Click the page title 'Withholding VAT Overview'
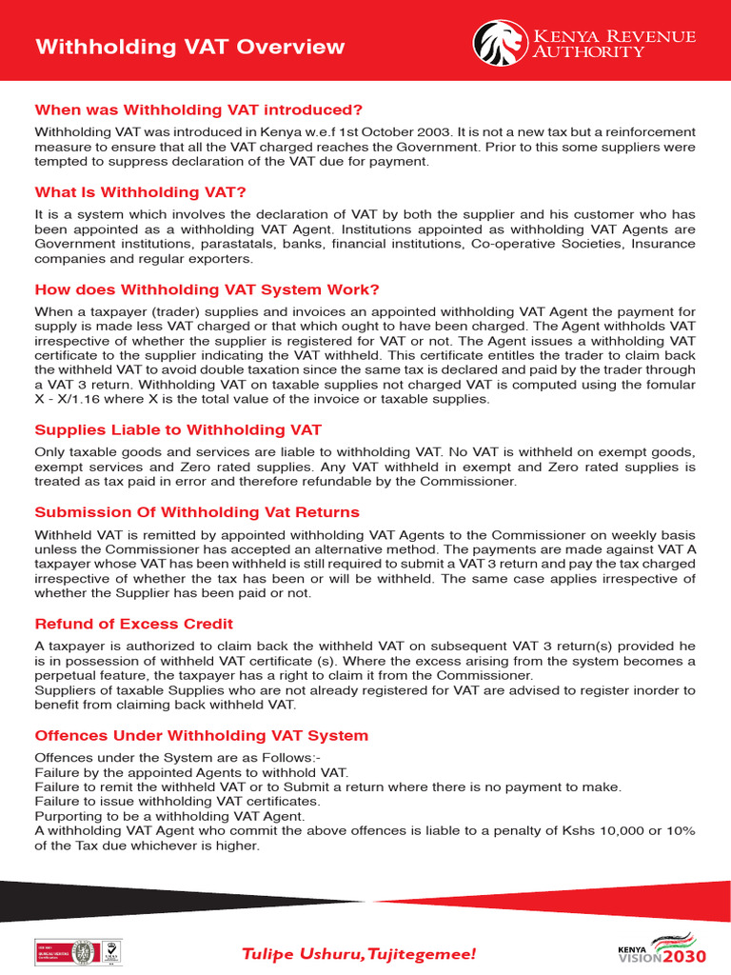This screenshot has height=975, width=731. [189, 47]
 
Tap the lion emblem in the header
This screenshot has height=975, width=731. [499, 43]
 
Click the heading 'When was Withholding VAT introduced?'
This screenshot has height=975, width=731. [199, 110]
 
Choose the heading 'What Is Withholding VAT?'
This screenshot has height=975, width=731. [140, 192]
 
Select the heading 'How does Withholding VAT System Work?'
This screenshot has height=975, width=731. [207, 289]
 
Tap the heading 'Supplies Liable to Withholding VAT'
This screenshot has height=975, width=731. [178, 430]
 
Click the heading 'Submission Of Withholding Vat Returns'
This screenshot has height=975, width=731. [197, 512]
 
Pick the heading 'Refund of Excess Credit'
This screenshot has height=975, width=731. [133, 624]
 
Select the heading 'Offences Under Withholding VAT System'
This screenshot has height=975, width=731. [201, 735]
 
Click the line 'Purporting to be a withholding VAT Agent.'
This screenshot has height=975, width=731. [169, 816]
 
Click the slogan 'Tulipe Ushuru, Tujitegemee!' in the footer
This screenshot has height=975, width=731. [357, 953]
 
